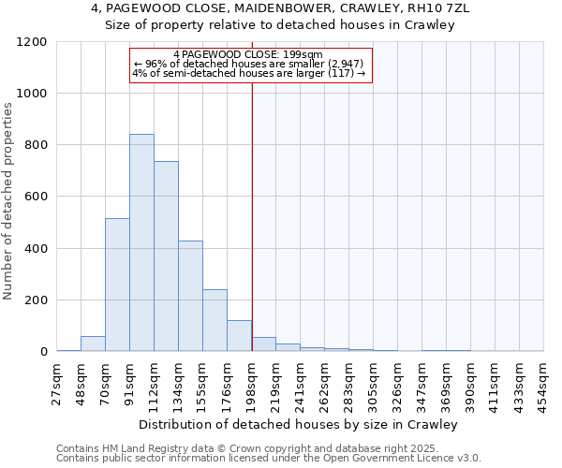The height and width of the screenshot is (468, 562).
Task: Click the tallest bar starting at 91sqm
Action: pyautogui.click(x=141, y=242)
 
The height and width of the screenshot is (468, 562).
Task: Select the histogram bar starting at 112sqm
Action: pyautogui.click(x=166, y=256)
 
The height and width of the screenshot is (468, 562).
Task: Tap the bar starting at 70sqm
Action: pyautogui.click(x=117, y=285)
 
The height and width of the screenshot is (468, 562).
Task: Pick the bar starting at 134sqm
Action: pyautogui.click(x=190, y=296)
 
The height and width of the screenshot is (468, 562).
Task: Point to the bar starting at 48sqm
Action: pyautogui.click(x=93, y=344)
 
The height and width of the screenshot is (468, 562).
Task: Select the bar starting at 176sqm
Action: pyautogui.click(x=239, y=335)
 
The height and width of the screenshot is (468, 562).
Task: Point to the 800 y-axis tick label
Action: pyautogui.click(x=36, y=145)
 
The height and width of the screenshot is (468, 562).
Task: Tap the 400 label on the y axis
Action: pyautogui.click(x=36, y=249)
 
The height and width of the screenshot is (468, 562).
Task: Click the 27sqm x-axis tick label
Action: pyautogui.click(x=57, y=381)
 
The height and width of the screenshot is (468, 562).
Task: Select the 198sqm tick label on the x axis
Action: pyautogui.click(x=252, y=381)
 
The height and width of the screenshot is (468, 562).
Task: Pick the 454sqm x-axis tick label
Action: pyautogui.click(x=544, y=381)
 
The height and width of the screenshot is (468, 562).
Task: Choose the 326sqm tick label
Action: pyautogui.click(x=398, y=381)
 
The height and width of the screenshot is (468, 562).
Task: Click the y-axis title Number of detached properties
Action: pyautogui.click(x=8, y=201)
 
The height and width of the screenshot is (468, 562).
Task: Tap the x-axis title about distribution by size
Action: pyautogui.click(x=300, y=424)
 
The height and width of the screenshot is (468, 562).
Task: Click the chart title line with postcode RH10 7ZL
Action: pyautogui.click(x=280, y=8)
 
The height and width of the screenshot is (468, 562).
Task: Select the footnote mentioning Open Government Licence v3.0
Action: pyautogui.click(x=269, y=458)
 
